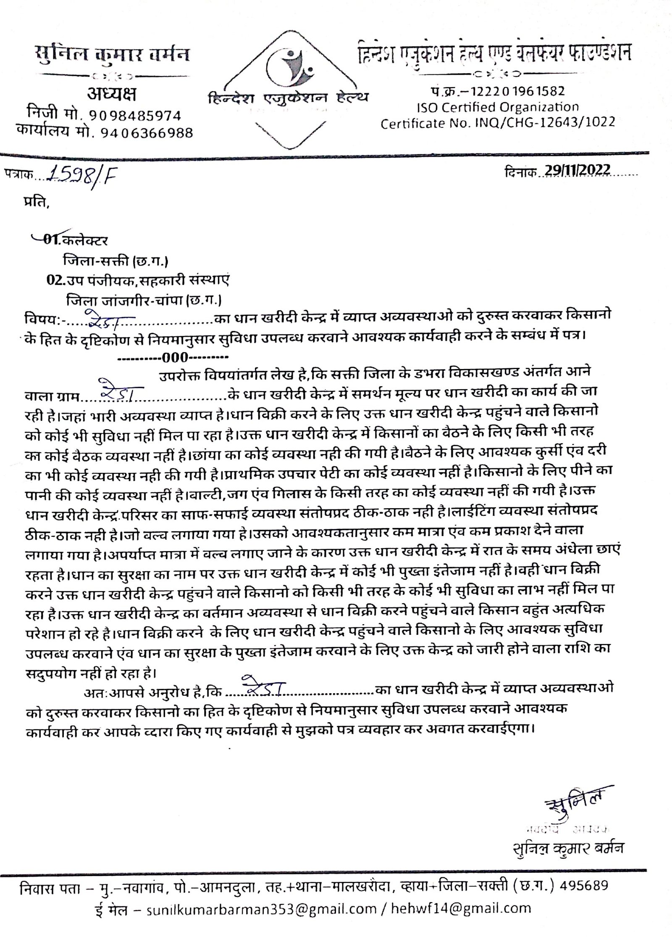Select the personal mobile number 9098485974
point(135,115)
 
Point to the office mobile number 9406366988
point(147,133)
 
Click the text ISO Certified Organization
point(498,107)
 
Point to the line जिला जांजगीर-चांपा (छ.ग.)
point(144,301)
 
